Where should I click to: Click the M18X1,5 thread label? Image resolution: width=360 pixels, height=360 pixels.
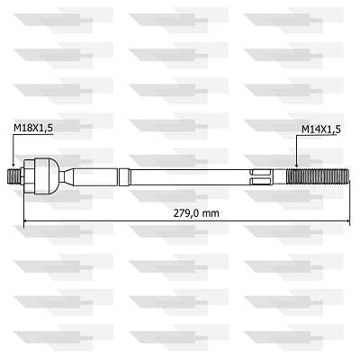point(33,128)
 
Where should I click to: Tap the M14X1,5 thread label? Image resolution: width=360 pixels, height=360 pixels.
point(321,130)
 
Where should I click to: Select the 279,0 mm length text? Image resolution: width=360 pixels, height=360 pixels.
point(196,213)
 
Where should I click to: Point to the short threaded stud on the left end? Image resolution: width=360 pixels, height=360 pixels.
point(13,177)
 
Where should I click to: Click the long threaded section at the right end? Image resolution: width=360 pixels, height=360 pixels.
point(318,176)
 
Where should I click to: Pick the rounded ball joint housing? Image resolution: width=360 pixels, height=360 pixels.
point(47,176)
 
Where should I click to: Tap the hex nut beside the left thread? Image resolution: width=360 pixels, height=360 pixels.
point(30,176)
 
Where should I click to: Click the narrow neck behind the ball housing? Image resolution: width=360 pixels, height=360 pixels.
point(67,176)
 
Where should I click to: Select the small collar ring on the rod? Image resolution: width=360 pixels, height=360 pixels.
point(124,177)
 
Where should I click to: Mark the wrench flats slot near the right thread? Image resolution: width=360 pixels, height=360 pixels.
point(261,177)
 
